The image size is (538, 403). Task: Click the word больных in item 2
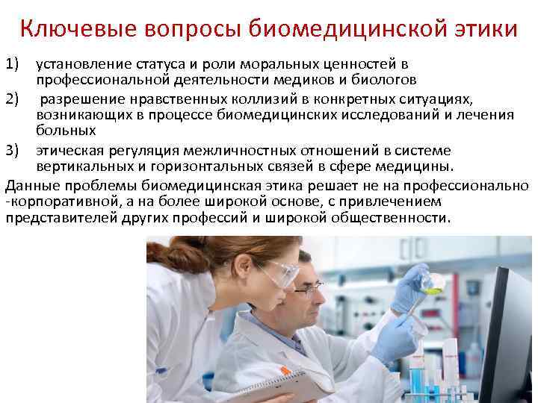click(67, 131)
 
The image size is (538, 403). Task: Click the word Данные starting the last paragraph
click(33, 185)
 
